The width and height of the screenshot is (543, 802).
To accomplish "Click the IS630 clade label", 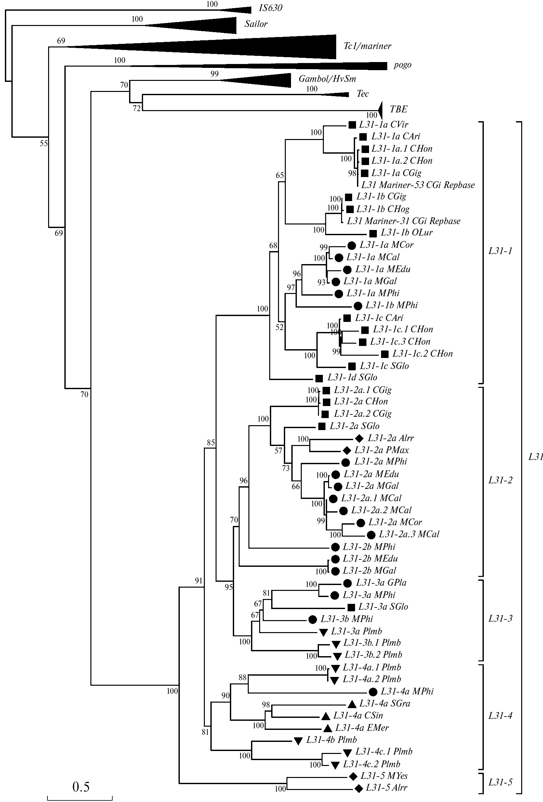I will [271, 8].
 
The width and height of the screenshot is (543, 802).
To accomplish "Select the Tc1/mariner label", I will [367, 46].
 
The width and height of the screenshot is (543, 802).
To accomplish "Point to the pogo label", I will [403, 65].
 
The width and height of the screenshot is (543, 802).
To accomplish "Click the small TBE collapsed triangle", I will [380, 110].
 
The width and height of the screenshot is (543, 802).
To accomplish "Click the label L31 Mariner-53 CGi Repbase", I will [418, 185].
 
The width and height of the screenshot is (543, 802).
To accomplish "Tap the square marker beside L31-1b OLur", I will [373, 234].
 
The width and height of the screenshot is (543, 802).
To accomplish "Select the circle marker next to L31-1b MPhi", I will [358, 306].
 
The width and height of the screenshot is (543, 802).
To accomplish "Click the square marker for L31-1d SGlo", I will [319, 378].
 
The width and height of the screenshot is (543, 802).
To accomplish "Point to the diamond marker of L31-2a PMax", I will [347, 451].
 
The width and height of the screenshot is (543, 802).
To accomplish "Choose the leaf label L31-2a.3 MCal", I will [409, 534].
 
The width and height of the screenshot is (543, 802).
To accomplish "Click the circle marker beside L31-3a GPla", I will [348, 583].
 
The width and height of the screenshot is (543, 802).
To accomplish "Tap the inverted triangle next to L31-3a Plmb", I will [323, 632].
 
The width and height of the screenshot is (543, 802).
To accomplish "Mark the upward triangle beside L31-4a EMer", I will [327, 729].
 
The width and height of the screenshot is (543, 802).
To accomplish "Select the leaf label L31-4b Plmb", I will [331, 740].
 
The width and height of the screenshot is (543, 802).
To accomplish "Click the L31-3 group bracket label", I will [500, 619].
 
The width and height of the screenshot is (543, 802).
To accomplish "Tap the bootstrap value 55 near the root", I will [44, 144].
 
